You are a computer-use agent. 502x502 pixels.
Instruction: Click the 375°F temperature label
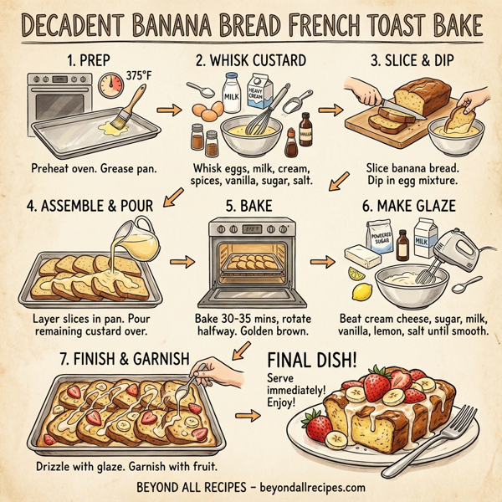coord(139,74)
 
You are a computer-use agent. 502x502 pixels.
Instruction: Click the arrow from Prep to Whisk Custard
coord(170,111)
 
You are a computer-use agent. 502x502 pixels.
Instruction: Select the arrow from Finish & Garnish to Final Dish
coord(250,417)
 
